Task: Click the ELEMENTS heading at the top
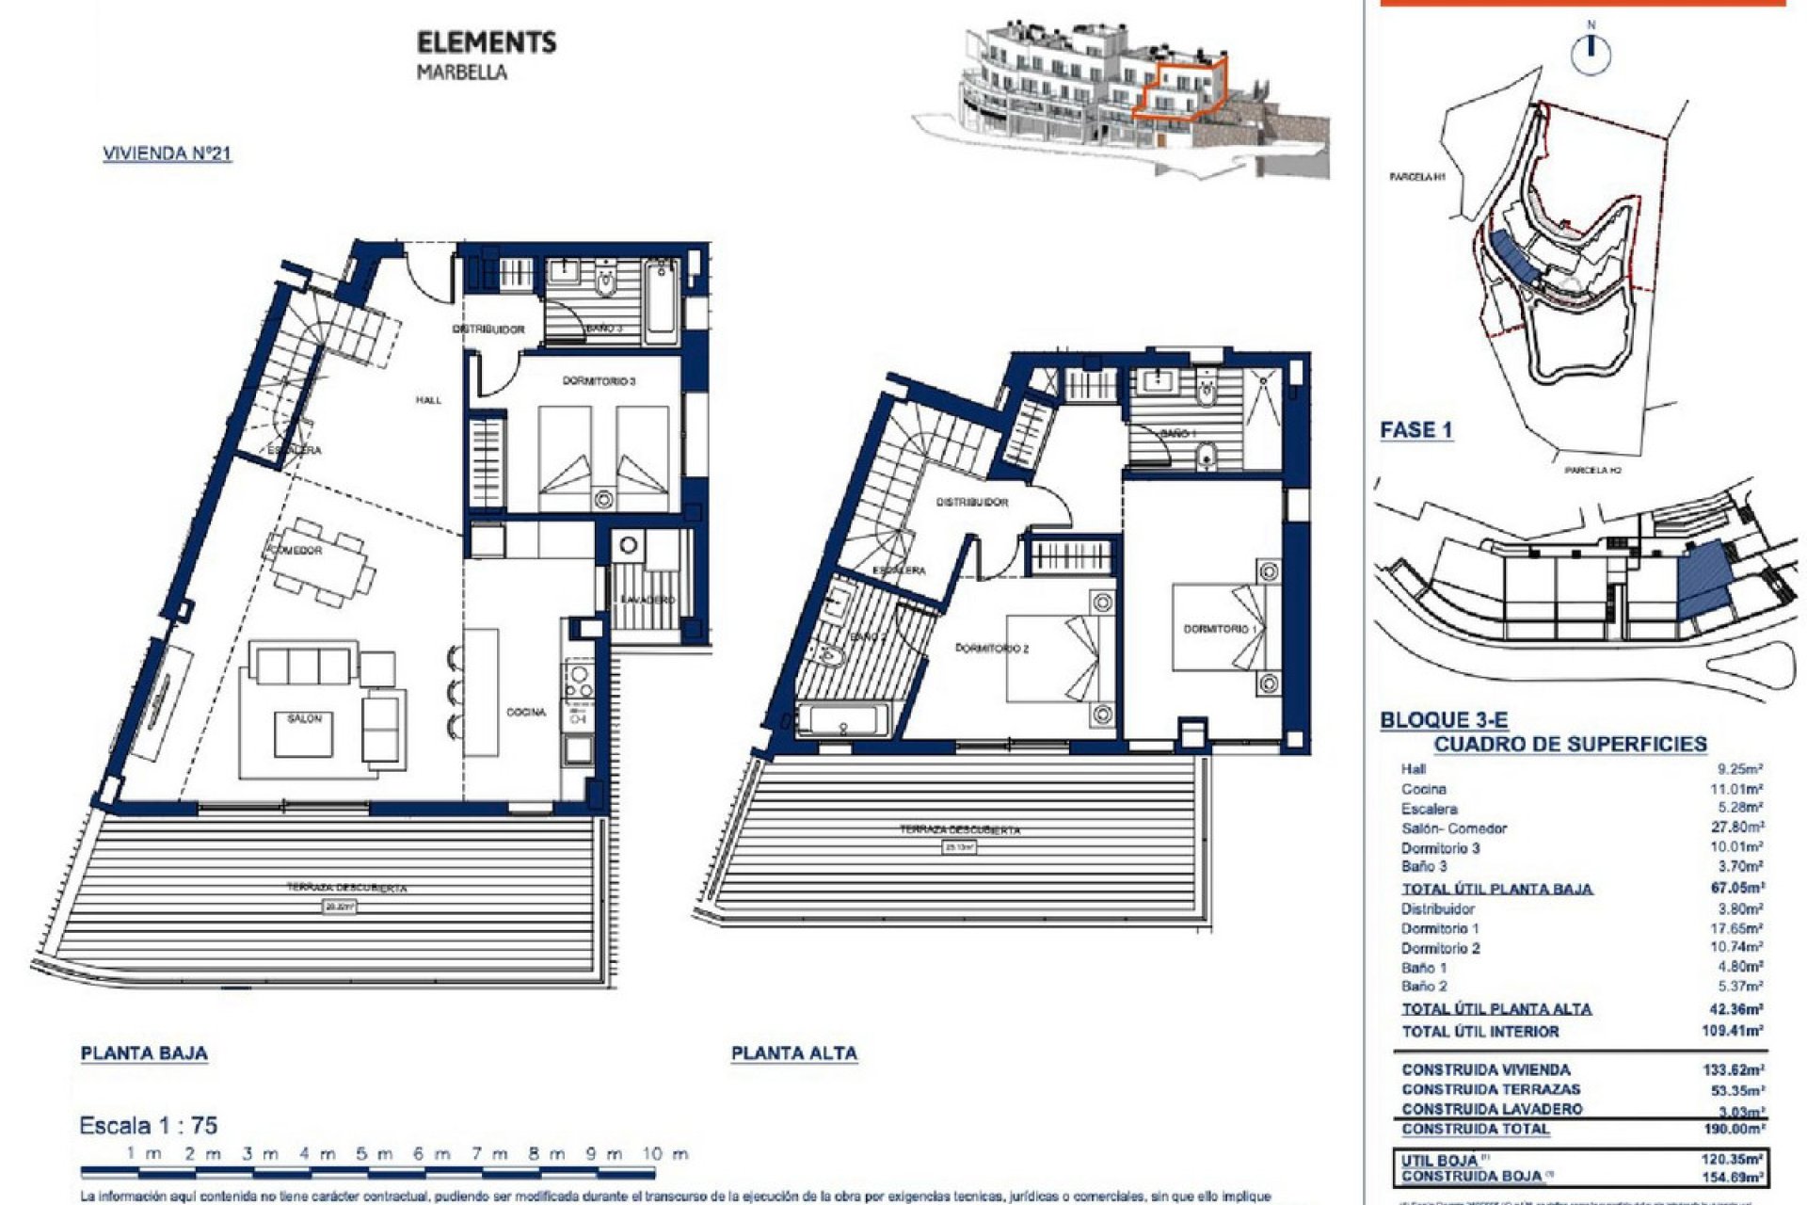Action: coord(486,42)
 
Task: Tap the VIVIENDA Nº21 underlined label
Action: coord(167,153)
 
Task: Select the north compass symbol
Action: coord(1591,52)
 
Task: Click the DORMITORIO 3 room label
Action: coord(599,381)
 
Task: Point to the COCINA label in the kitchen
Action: coord(526,713)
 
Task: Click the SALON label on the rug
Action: coord(304,719)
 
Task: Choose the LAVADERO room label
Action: coord(648,601)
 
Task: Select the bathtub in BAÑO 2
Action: coord(841,721)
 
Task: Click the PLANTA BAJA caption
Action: coord(144,1053)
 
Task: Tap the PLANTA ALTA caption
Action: coord(793,1053)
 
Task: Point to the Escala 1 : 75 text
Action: coord(149,1125)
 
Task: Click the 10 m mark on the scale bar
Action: coord(665,1154)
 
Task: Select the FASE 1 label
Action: coord(1415,430)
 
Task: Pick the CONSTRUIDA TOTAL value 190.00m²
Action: coord(1735,1129)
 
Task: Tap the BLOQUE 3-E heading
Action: coord(1443,720)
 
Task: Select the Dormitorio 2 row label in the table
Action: coord(1440,948)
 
